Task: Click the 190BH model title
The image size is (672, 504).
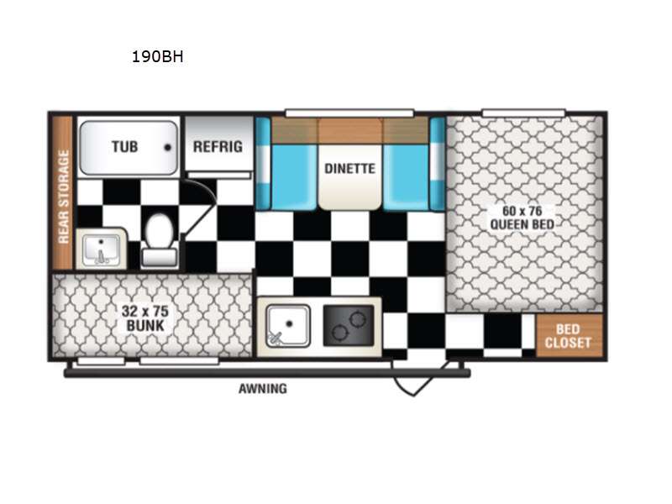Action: tap(157, 58)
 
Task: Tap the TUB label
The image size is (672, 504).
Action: tap(125, 146)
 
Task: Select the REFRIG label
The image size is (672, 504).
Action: tap(218, 146)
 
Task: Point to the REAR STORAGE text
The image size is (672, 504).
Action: tap(63, 197)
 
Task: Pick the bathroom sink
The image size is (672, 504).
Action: tap(101, 249)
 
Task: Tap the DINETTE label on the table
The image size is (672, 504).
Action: tap(349, 168)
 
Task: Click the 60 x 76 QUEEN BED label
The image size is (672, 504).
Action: tap(523, 217)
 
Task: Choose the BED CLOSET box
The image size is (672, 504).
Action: tap(569, 336)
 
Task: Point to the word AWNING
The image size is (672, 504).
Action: tap(262, 388)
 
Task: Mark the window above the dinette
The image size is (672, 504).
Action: tap(349, 113)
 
